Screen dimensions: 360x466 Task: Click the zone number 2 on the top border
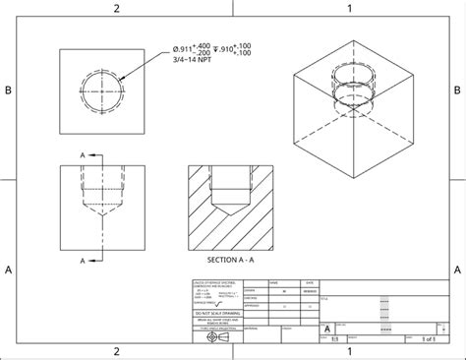coord(116,8)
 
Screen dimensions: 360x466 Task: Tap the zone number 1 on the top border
coord(348,8)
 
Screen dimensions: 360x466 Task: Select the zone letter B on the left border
coord(8,90)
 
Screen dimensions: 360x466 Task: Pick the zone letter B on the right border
coord(457,90)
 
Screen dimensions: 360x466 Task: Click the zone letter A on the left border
coord(8,268)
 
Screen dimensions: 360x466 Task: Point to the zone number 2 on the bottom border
coord(116,351)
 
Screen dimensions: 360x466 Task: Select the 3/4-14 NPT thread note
coord(190,59)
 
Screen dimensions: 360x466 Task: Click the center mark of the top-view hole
coord(101,90)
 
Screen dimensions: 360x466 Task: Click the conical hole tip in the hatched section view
coord(230,212)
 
